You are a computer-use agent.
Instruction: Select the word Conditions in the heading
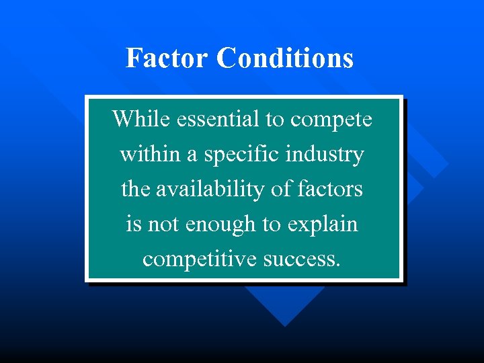pos(285,58)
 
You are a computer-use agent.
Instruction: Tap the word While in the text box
pos(140,119)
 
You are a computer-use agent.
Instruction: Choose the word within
pos(151,154)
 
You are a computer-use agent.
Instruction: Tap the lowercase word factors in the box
pos(329,189)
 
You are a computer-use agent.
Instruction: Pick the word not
pos(161,224)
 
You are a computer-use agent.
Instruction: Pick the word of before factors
pos(281,189)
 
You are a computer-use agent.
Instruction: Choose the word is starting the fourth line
pos(133,224)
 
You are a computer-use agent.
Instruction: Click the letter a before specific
pos(192,155)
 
